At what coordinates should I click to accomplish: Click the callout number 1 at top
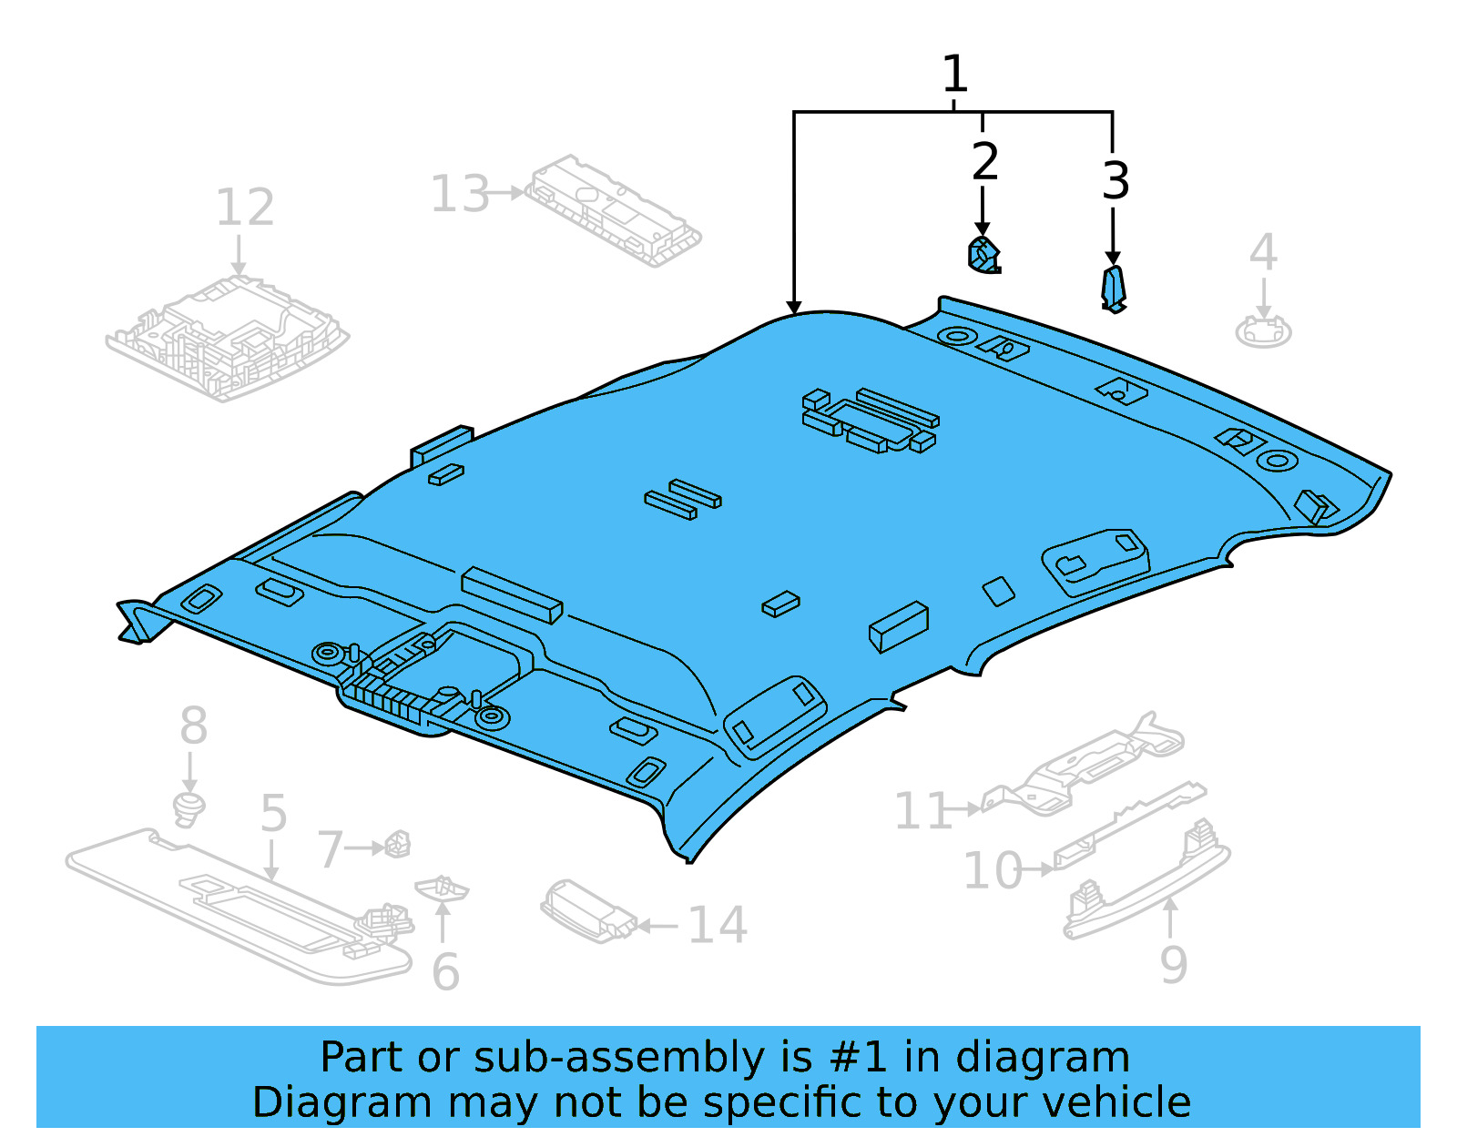point(953,75)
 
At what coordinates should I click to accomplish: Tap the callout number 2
point(984,162)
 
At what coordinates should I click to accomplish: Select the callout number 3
point(1116,181)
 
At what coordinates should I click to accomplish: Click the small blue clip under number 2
point(983,255)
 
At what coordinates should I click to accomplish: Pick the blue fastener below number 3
point(1114,289)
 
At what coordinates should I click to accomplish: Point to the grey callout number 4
point(1263,252)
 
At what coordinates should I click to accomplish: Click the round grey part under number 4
point(1263,331)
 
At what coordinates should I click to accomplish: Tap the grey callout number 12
point(244,208)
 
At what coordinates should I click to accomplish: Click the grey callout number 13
point(459,194)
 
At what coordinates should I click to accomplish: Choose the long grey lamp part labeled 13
point(613,211)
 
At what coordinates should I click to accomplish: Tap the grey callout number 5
point(273,813)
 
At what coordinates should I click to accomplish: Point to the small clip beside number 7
point(398,844)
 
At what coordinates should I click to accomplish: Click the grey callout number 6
point(444,972)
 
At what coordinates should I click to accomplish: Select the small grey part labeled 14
point(586,910)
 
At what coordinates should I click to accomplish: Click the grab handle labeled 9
point(1147,883)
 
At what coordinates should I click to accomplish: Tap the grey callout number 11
point(922,811)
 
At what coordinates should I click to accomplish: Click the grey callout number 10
point(993,871)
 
